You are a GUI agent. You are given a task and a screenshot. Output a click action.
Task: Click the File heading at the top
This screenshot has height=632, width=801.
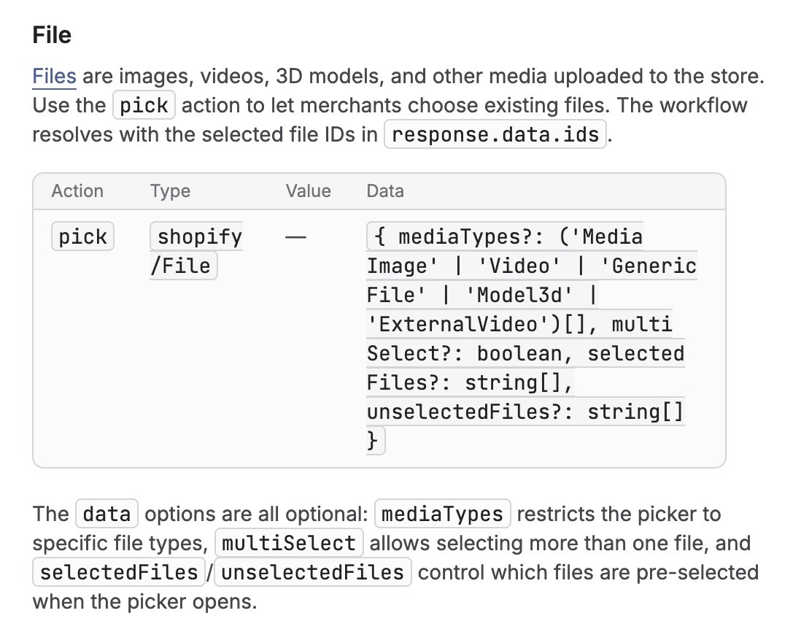coord(52,35)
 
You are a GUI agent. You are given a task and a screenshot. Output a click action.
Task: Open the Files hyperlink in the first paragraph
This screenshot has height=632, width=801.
coord(54,76)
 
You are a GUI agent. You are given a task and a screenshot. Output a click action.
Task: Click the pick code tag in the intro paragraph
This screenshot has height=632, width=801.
coord(144,105)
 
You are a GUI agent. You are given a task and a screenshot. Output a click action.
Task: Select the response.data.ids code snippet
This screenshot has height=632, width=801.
coord(495,134)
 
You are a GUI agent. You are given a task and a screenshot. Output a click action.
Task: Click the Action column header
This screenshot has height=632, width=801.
coord(77,191)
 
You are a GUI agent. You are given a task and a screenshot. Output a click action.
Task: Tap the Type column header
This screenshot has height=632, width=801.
coord(170,191)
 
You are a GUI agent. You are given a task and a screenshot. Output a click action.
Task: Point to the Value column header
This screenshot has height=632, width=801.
coord(308,191)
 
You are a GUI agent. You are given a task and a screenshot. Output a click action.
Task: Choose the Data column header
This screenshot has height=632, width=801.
coord(385,191)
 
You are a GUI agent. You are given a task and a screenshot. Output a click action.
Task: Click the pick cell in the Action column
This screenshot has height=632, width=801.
coord(82,236)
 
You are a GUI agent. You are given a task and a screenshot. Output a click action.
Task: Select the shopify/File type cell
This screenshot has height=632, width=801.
coord(196,251)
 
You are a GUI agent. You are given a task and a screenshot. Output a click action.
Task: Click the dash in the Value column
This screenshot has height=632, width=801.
coord(295,237)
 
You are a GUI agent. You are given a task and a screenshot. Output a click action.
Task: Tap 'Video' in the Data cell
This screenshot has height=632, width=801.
coord(519,266)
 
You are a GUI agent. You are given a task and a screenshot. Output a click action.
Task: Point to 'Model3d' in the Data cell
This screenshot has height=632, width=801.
coord(519,295)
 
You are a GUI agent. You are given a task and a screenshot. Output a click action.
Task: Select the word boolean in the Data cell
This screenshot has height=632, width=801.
coord(519,353)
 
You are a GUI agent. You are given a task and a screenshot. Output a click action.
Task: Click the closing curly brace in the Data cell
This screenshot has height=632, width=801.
coord(372,440)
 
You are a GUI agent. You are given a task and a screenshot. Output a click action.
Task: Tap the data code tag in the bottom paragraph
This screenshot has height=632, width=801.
coord(107,514)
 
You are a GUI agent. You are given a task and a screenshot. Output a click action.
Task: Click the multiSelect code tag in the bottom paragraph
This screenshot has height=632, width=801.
coord(289,543)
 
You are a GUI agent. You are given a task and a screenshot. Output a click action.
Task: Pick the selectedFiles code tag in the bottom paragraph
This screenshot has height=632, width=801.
coord(119,572)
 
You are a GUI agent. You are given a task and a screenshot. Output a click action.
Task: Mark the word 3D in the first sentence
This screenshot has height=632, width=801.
coord(289,76)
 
